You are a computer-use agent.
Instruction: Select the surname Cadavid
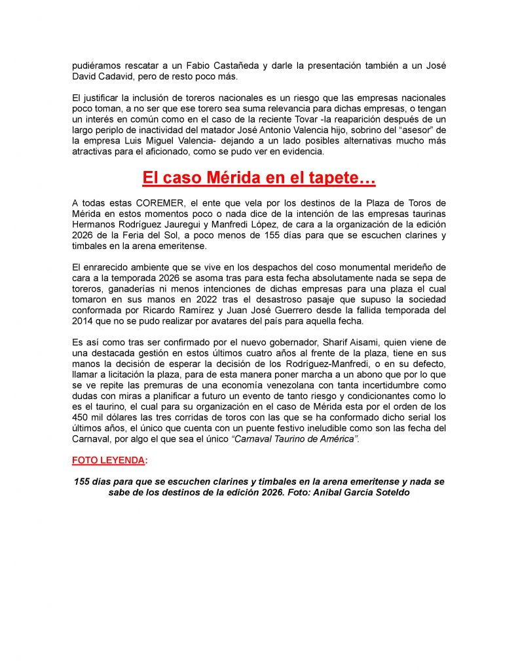pyautogui.click(x=119, y=77)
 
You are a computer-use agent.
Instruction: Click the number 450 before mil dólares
pyautogui.click(x=82, y=416)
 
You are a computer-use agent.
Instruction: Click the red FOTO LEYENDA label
pyautogui.click(x=108, y=459)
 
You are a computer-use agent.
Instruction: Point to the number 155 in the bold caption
pyautogui.click(x=83, y=482)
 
